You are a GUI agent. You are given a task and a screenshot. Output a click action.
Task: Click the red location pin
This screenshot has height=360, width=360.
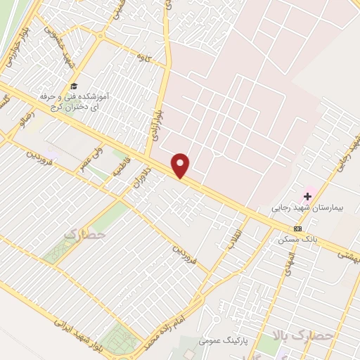(x=181, y=165)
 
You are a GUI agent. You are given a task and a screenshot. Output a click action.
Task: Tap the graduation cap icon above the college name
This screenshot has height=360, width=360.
(x=73, y=85)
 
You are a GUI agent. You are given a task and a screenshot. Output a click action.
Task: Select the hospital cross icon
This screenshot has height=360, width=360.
(x=307, y=195)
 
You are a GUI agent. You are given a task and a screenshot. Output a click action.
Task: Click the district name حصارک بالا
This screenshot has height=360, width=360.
(x=290, y=337)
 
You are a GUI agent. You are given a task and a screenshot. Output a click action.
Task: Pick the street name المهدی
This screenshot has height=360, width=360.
(x=288, y=262)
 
